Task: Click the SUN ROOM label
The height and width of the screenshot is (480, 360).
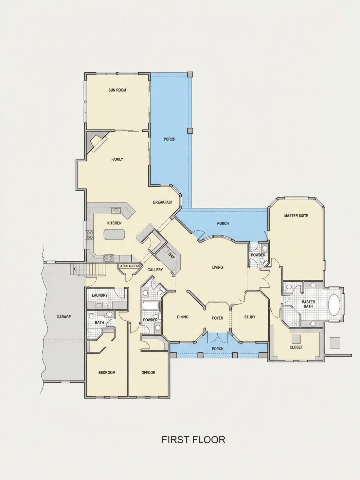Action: tap(117, 90)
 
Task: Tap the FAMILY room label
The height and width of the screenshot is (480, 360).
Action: tap(117, 159)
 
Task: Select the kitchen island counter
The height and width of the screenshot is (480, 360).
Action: tap(115, 234)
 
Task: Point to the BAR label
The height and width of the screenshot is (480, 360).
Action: tap(171, 256)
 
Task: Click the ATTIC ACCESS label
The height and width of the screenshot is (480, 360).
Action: tap(130, 266)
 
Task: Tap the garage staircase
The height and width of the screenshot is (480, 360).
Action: tap(88, 269)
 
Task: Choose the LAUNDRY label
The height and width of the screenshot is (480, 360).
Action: tap(100, 295)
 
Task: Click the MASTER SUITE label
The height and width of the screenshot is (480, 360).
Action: tap(296, 216)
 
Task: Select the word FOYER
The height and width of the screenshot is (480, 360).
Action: tap(218, 318)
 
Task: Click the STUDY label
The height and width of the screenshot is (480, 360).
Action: tap(250, 317)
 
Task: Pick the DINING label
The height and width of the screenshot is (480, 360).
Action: tap(183, 317)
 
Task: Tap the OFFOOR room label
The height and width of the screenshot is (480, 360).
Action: tap(148, 373)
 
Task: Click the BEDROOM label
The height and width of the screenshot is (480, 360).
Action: tap(107, 373)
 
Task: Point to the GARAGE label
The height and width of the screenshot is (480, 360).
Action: tap(64, 317)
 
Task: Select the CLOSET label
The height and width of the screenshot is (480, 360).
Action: tap(296, 347)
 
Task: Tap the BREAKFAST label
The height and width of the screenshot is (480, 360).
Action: tap(163, 202)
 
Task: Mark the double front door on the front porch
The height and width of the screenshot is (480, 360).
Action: tap(218, 338)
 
